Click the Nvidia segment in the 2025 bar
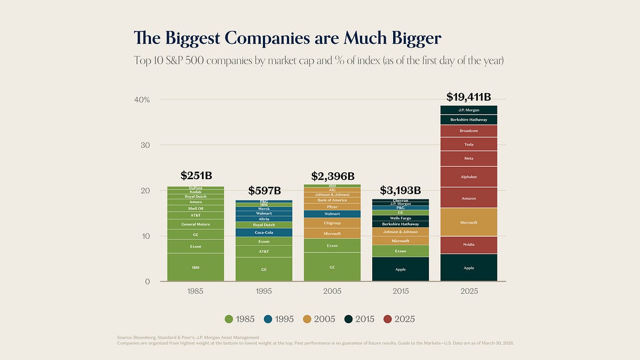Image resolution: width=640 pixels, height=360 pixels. [468, 245]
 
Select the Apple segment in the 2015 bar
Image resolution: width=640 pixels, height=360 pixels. [401, 269]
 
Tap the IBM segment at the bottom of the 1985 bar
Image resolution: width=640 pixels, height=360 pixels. [195, 267]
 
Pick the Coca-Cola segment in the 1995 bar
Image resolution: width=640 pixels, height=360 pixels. [264, 233]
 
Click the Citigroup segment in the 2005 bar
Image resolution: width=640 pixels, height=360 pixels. [332, 223]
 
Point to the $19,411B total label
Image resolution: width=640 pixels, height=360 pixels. [468, 97]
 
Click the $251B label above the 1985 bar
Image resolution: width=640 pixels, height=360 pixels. [195, 175]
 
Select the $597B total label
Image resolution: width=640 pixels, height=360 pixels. [264, 190]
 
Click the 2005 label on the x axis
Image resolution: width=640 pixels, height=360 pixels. [332, 292]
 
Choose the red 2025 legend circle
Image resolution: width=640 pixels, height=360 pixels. [388, 319]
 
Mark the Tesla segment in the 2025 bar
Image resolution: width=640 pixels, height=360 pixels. [468, 145]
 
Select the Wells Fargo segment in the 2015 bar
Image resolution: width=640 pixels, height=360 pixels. [401, 218]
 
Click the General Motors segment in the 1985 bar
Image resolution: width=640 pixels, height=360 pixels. [195, 225]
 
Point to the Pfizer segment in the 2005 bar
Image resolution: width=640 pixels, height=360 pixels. [332, 207]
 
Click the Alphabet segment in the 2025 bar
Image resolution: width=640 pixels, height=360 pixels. [468, 177]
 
